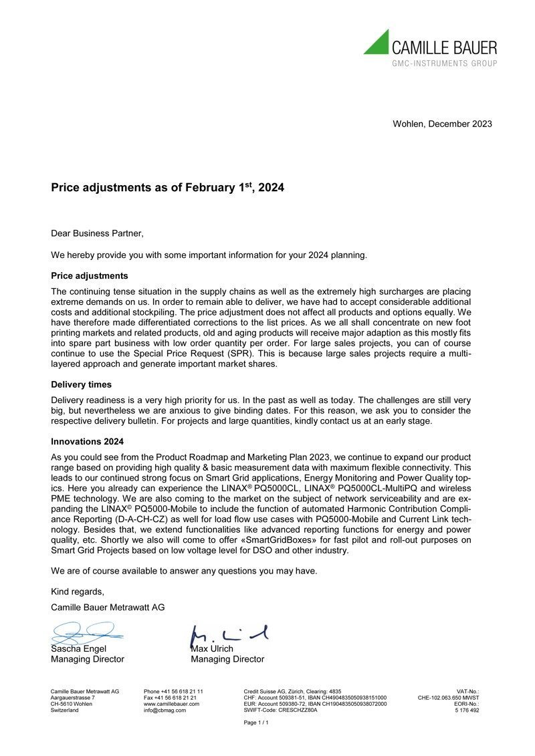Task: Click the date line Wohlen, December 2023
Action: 442,124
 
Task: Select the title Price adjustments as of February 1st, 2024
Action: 168,188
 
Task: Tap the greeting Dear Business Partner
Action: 97,233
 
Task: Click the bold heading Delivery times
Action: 82,384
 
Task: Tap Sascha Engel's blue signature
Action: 84,631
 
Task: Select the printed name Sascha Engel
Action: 79,648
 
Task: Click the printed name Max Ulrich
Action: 213,648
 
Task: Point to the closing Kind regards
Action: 78,592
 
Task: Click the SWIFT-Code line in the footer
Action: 281,711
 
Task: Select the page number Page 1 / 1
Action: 256,723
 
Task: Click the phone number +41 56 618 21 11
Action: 174,691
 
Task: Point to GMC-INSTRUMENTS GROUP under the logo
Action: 444,64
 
